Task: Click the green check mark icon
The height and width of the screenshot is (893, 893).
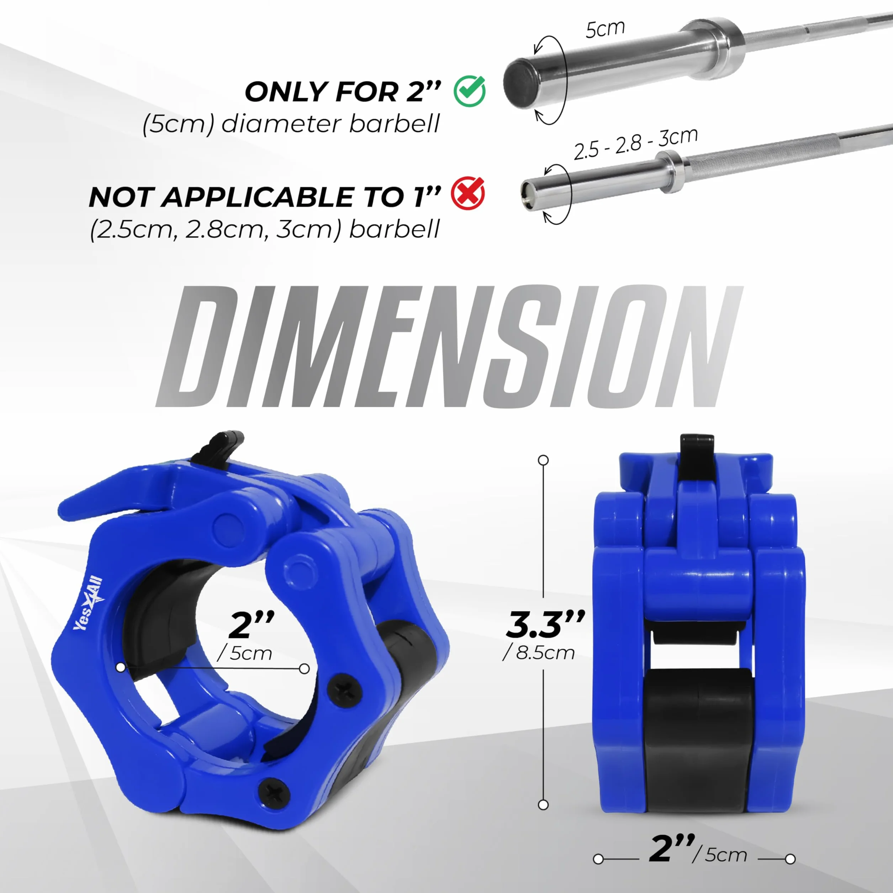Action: [x=470, y=91]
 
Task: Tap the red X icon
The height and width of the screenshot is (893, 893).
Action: [x=468, y=193]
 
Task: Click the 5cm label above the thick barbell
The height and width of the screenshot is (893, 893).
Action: [x=605, y=29]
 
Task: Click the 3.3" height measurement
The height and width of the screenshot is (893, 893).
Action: [x=545, y=624]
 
